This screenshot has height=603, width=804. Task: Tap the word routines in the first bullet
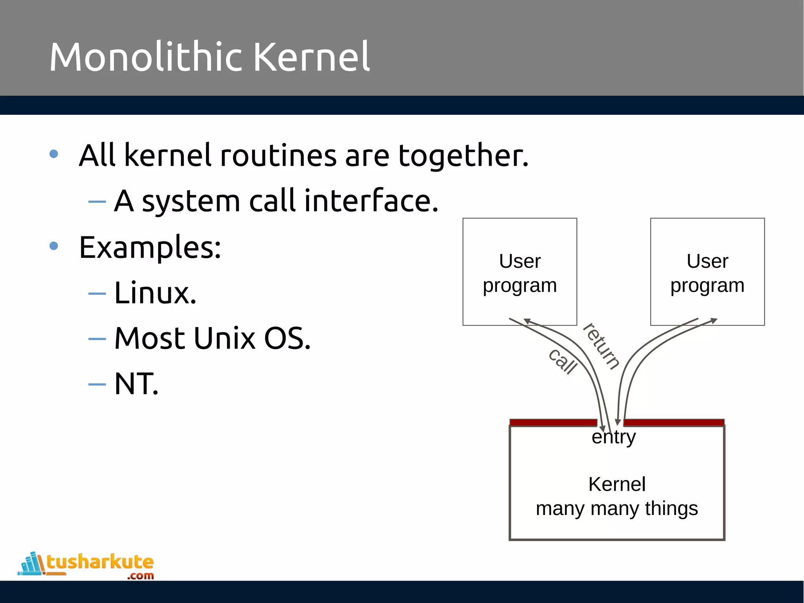pos(278,155)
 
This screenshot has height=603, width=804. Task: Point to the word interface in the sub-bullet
pos(371,201)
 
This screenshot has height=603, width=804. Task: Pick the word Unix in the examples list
pos(224,338)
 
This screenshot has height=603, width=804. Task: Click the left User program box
pos(520,272)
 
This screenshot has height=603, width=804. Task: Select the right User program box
pos(707,272)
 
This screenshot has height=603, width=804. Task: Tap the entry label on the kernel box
pos(614,437)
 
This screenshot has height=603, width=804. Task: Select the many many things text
pos(617,509)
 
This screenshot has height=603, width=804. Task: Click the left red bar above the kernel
pos(553,422)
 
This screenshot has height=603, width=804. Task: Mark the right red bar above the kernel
pos(674,422)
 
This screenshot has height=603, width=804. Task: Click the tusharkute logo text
pos(100,562)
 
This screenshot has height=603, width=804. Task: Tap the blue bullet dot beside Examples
pos(54,246)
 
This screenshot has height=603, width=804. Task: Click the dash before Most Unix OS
pos(97,339)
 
